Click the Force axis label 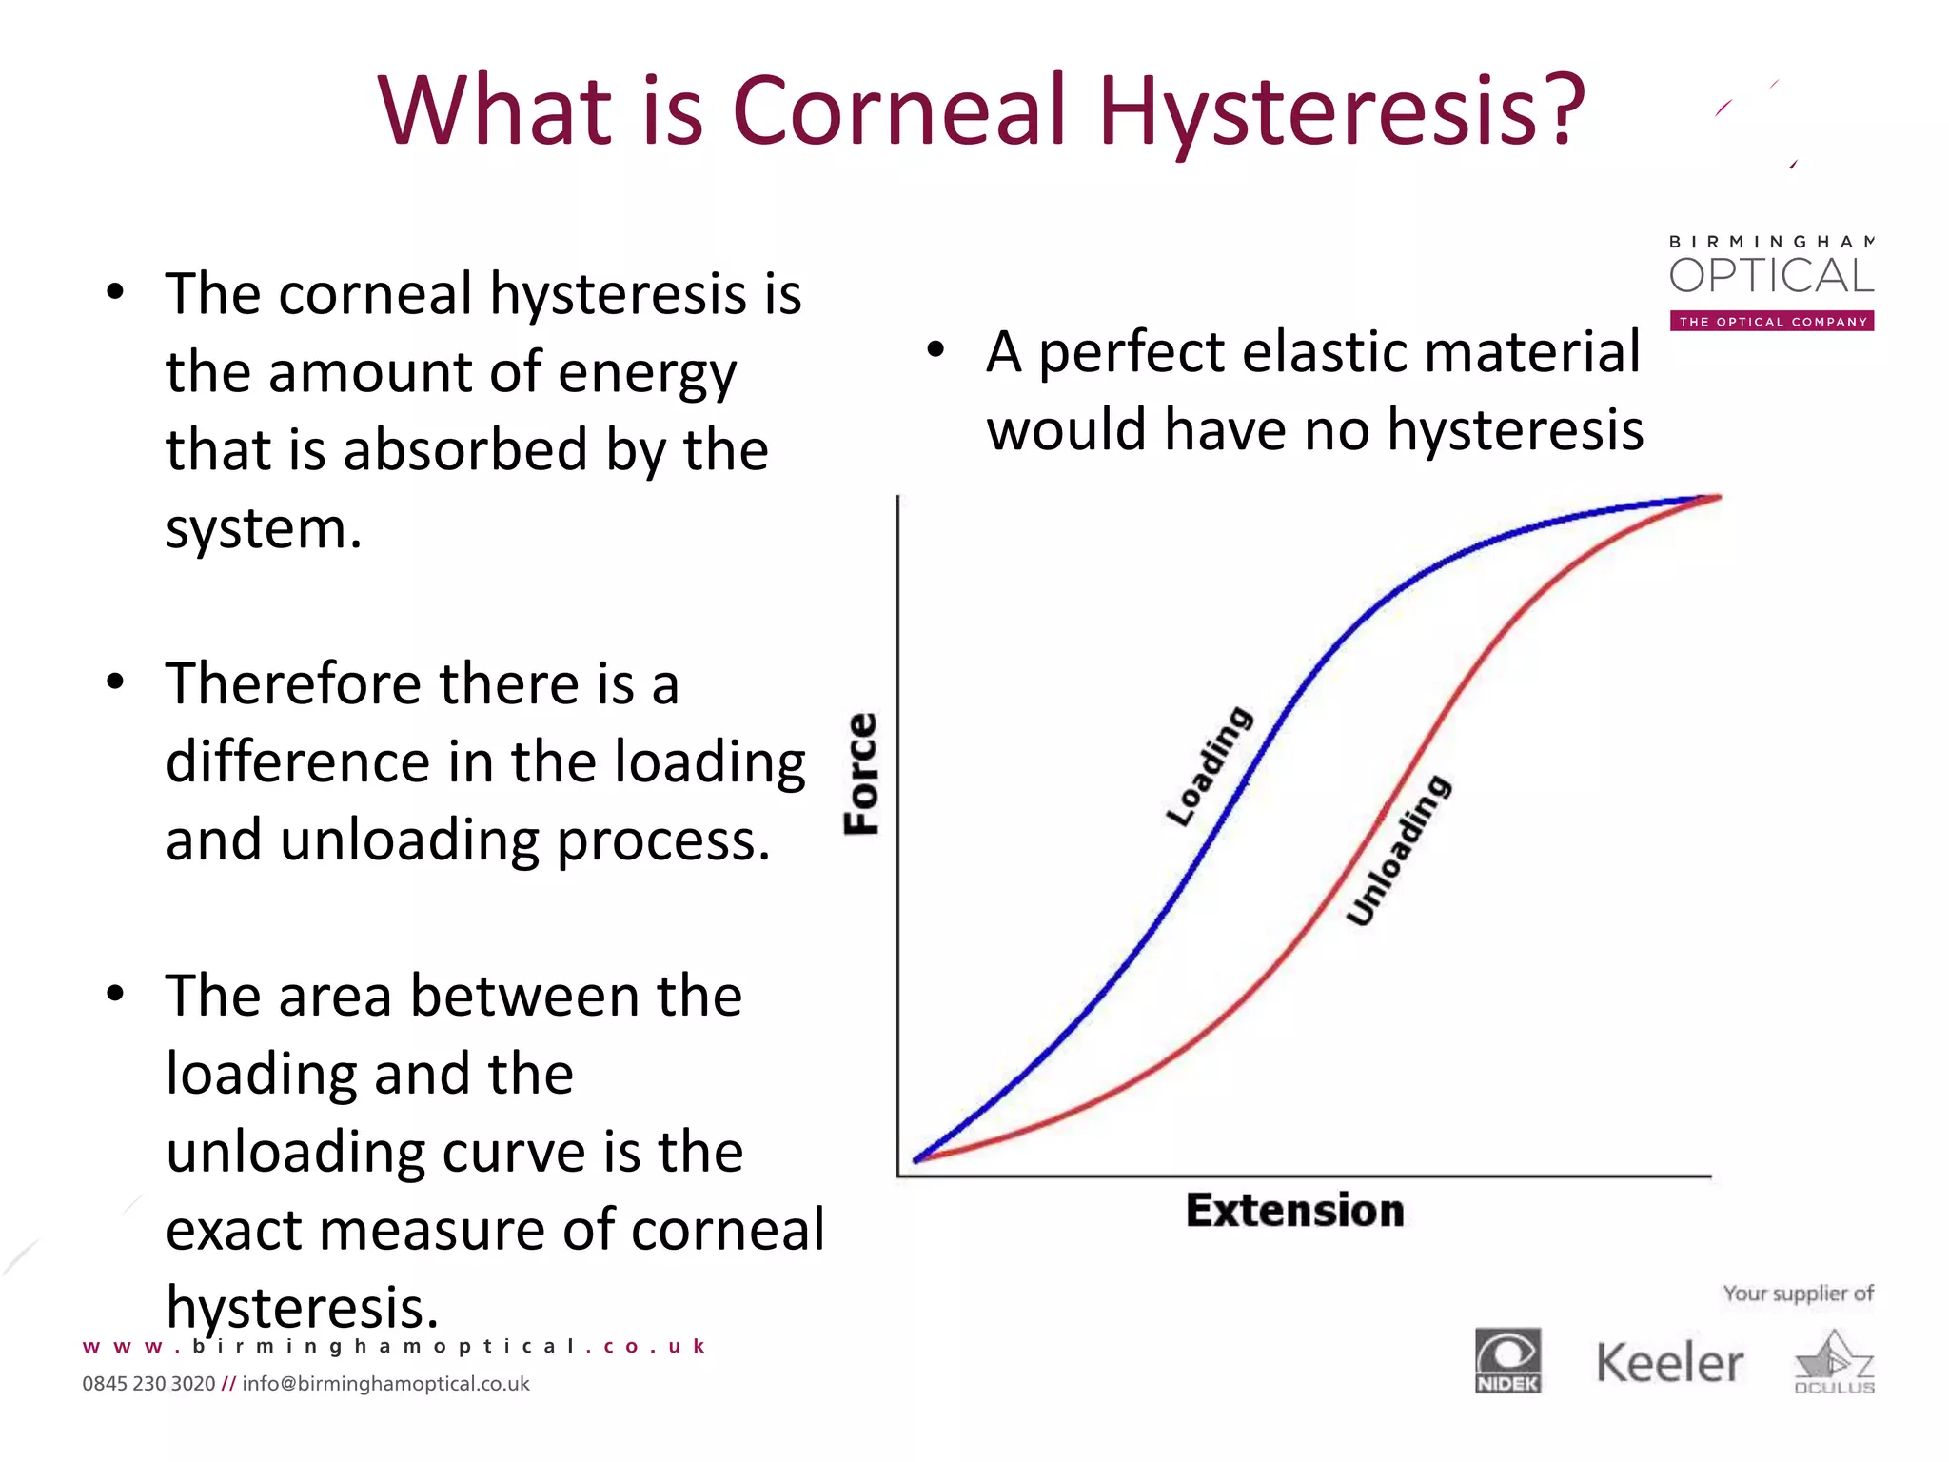click(862, 773)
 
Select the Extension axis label click(1294, 1211)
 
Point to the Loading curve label click(1210, 766)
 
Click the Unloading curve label click(1397, 850)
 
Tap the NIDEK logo click(1507, 1360)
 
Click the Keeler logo click(1669, 1363)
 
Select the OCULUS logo click(1834, 1364)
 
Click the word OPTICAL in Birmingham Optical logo click(1771, 276)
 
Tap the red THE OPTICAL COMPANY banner click(1772, 322)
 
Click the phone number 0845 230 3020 click(148, 1384)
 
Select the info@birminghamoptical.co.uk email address click(385, 1384)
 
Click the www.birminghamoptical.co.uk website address click(394, 1346)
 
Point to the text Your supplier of click(1798, 1294)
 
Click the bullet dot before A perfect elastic click(935, 350)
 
